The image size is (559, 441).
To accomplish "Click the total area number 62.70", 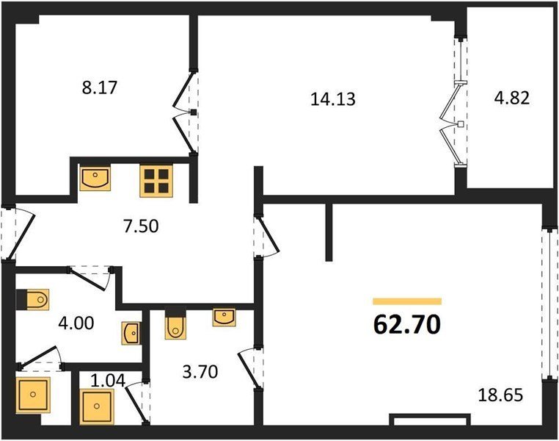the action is [406, 325].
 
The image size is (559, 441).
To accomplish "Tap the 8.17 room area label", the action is [100, 87].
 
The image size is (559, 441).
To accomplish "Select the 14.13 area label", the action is [333, 99].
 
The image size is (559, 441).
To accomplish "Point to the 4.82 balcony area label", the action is [511, 98].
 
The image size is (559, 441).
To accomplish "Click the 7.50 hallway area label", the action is [141, 226].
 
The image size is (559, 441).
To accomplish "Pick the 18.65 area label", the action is [500, 395].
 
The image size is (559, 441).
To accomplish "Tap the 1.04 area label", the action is [108, 381].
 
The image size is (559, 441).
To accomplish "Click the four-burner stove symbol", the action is [156, 181].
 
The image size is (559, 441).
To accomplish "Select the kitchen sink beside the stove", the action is [95, 178].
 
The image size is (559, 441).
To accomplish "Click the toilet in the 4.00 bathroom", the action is [33, 299].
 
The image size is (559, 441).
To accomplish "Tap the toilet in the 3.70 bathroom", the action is [175, 323].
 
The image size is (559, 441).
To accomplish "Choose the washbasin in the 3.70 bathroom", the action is [224, 318].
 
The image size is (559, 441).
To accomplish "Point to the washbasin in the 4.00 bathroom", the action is [131, 334].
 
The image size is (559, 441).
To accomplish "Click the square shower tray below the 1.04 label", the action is [97, 406].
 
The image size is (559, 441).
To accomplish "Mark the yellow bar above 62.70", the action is [407, 301].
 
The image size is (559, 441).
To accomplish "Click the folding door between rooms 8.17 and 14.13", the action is [186, 112].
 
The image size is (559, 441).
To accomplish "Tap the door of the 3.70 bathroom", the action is [249, 367].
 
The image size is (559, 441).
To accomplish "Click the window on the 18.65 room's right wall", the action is [549, 304].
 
